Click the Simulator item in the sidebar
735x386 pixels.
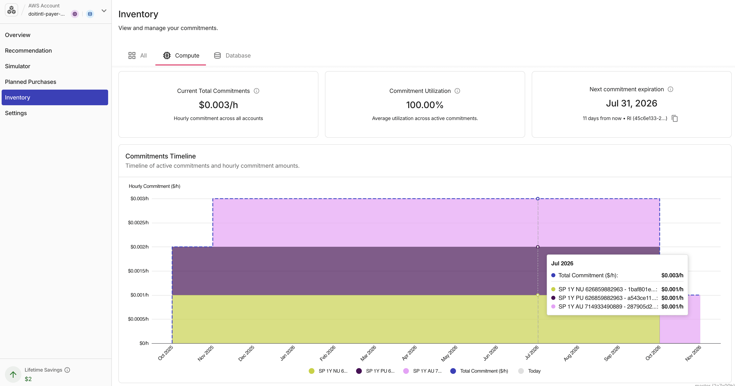(x=17, y=66)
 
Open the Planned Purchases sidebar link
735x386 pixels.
(x=31, y=82)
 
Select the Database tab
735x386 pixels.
(x=232, y=56)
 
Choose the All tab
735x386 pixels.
(x=138, y=56)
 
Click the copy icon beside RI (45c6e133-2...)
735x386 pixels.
(x=675, y=118)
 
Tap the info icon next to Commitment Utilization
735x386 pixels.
(x=457, y=91)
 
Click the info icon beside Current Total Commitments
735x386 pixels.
(x=257, y=91)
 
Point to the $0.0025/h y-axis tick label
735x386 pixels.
(x=138, y=223)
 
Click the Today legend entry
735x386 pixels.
(x=529, y=371)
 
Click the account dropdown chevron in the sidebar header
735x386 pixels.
(x=104, y=11)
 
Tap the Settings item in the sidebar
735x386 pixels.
(x=16, y=113)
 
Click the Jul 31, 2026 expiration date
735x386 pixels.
(x=631, y=103)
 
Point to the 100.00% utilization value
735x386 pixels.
(x=425, y=105)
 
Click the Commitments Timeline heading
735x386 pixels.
(x=161, y=156)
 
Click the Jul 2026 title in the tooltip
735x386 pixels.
(x=562, y=263)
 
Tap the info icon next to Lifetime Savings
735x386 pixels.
(x=67, y=370)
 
